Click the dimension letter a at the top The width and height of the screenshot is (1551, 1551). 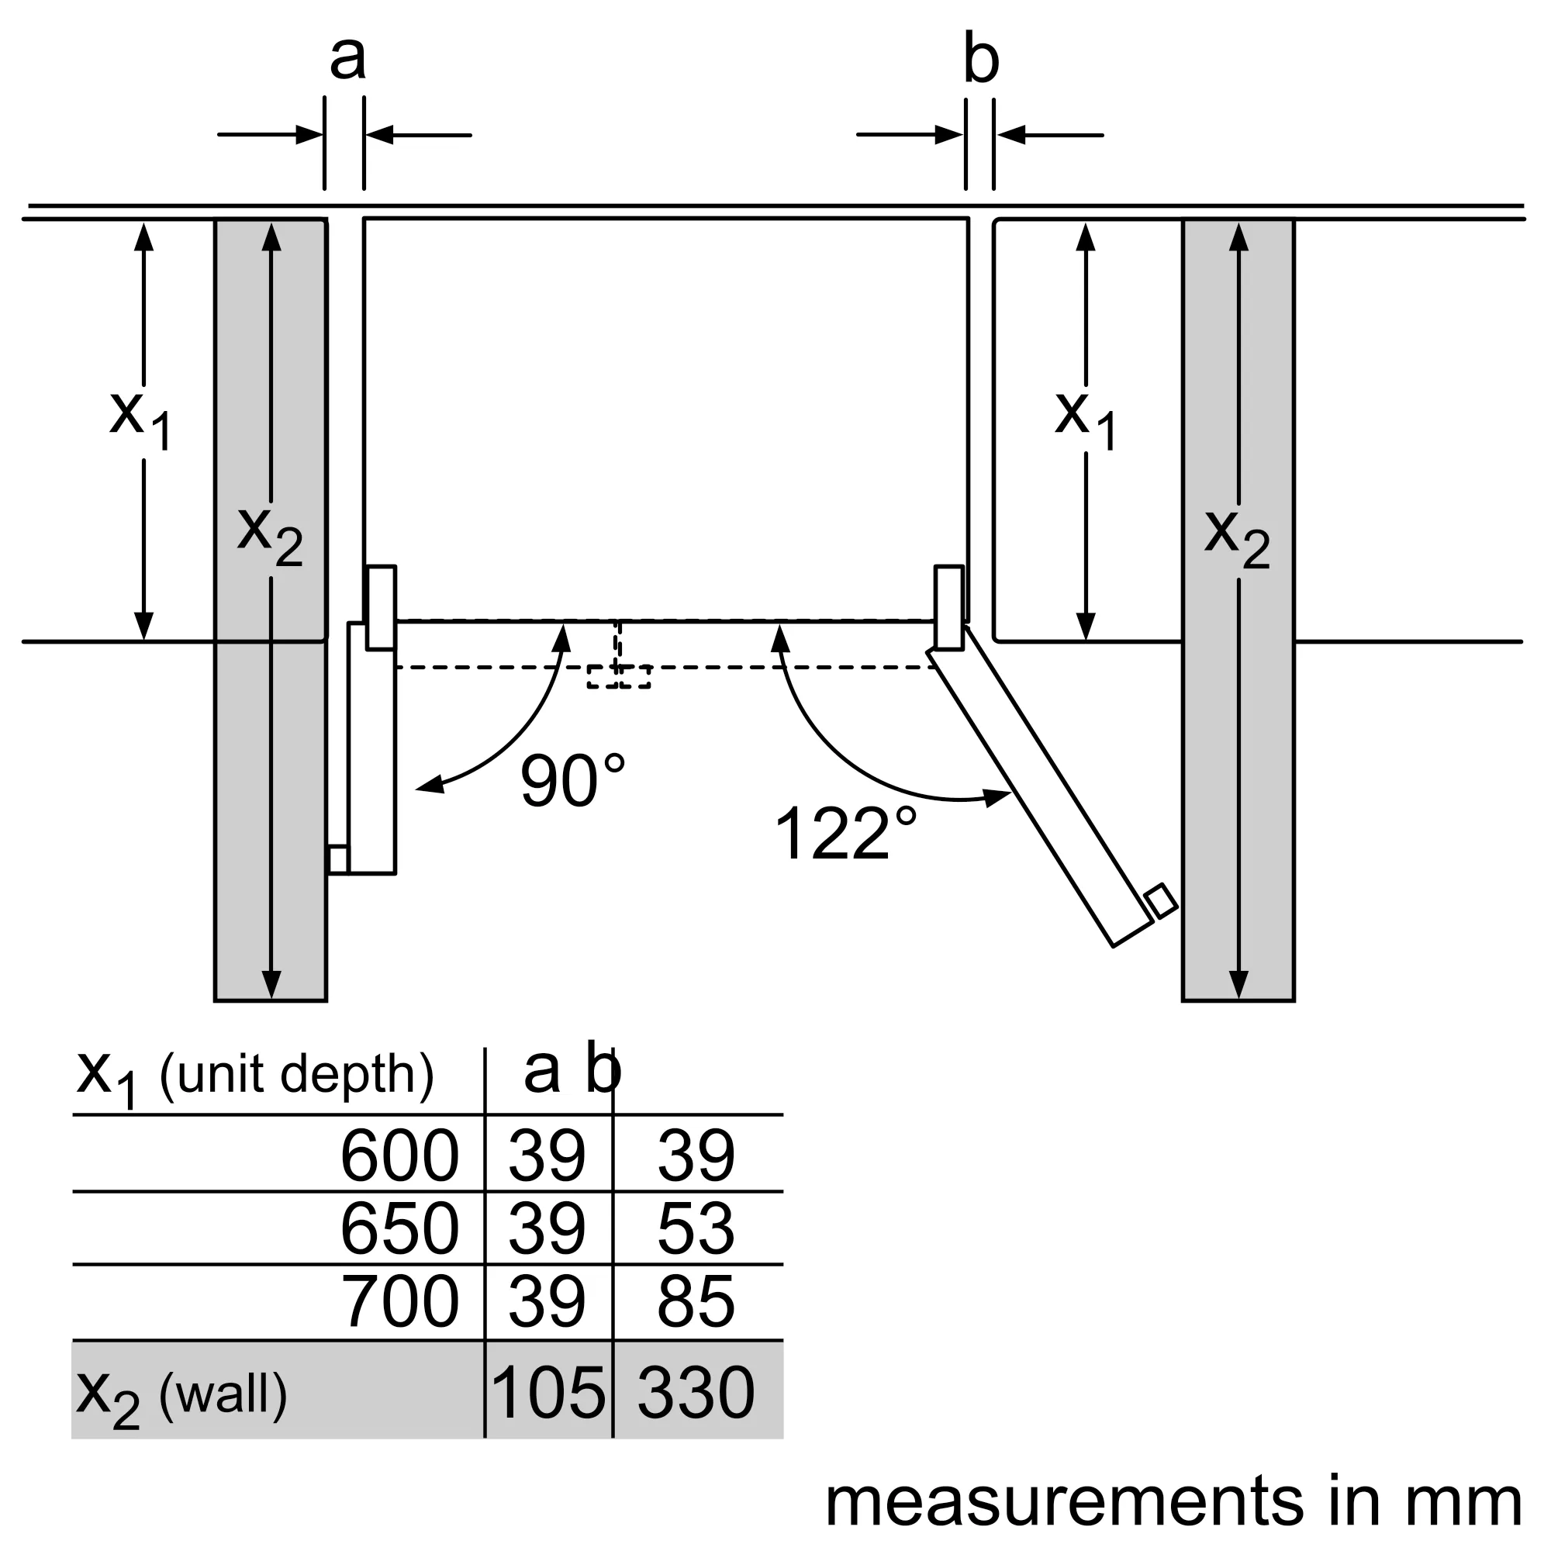point(347,58)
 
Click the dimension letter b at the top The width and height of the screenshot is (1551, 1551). point(981,60)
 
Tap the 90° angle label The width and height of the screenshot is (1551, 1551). point(572,781)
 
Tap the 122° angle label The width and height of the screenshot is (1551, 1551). point(845,834)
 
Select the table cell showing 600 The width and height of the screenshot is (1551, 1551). point(399,1156)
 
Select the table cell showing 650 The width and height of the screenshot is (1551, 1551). point(399,1228)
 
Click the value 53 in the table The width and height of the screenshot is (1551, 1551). point(695,1228)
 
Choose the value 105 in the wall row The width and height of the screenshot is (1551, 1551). point(548,1392)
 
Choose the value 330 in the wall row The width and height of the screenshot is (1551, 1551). point(695,1392)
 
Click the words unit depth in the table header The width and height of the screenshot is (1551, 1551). point(297,1074)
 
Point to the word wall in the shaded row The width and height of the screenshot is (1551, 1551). point(223,1394)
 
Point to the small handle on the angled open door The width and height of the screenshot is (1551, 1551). point(1161,900)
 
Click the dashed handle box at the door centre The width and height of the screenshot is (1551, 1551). point(618,676)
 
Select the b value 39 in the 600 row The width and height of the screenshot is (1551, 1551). point(695,1156)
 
